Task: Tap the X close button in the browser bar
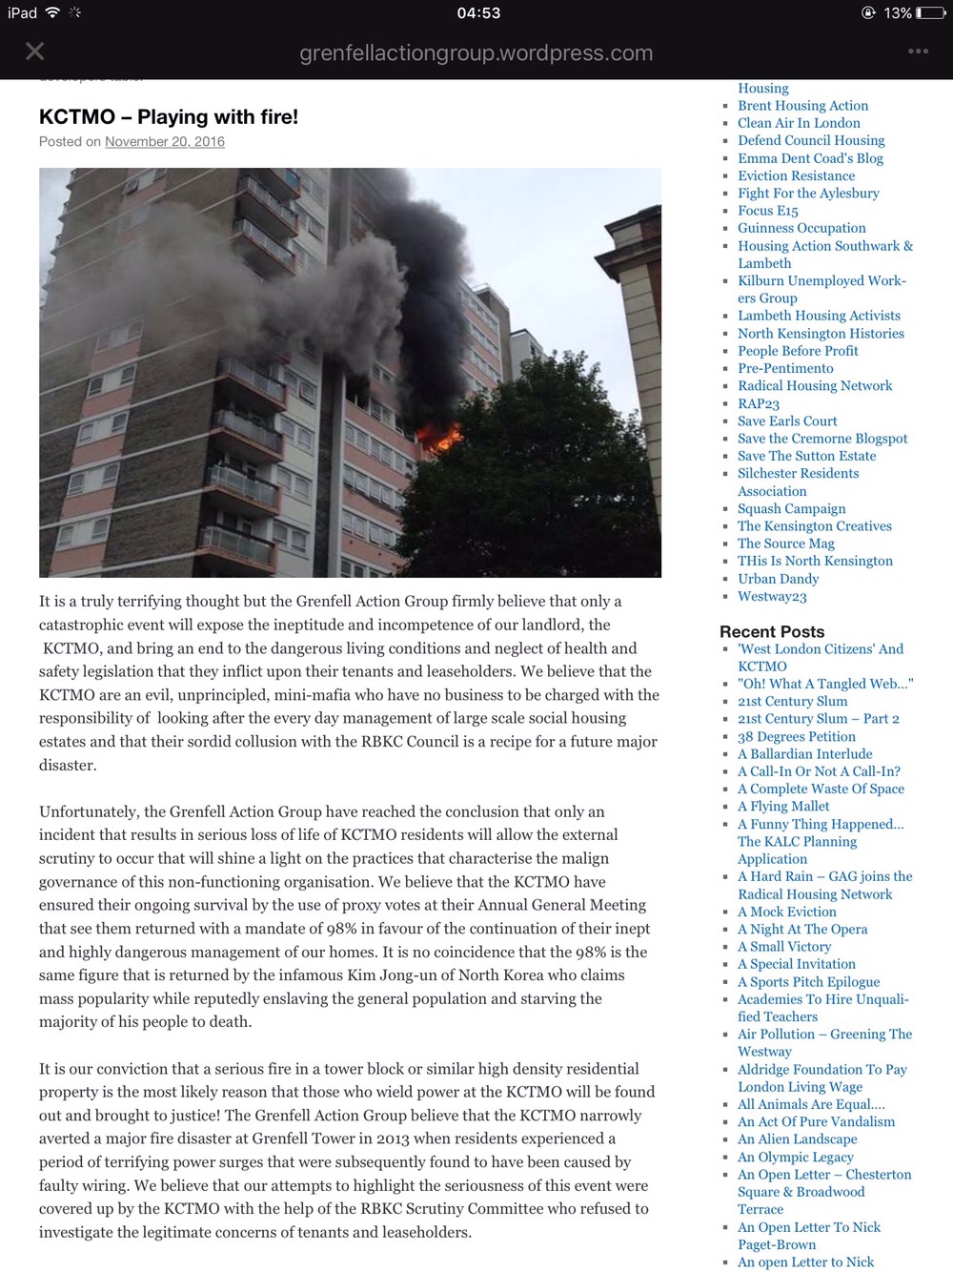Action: click(x=35, y=51)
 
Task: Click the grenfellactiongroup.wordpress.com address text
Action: click(x=476, y=53)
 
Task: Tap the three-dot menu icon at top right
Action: click(x=918, y=51)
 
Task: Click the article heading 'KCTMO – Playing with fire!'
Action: click(x=169, y=117)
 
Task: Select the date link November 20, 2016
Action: click(x=165, y=142)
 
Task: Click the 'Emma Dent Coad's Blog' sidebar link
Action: click(x=810, y=158)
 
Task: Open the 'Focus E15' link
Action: click(x=767, y=211)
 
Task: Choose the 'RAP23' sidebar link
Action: click(x=759, y=403)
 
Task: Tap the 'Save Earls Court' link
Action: click(x=787, y=421)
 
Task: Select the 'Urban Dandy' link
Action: click(x=778, y=579)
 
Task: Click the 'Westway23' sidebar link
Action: click(x=772, y=597)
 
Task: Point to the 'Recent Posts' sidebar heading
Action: click(x=772, y=631)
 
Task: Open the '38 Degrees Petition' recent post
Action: click(x=797, y=736)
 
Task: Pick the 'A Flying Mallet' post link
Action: click(x=783, y=807)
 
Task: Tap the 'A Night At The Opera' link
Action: click(x=802, y=929)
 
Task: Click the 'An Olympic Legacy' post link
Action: click(x=795, y=1157)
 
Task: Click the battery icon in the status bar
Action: click(x=930, y=13)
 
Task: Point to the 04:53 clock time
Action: click(x=478, y=13)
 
